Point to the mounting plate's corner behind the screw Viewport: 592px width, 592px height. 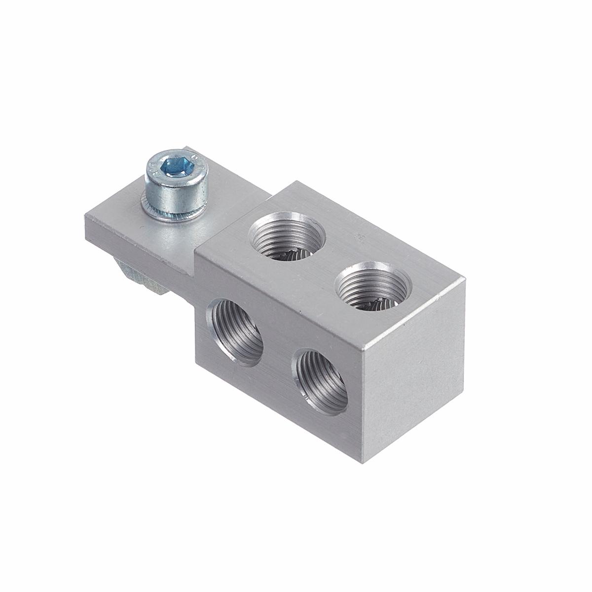[188, 147]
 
